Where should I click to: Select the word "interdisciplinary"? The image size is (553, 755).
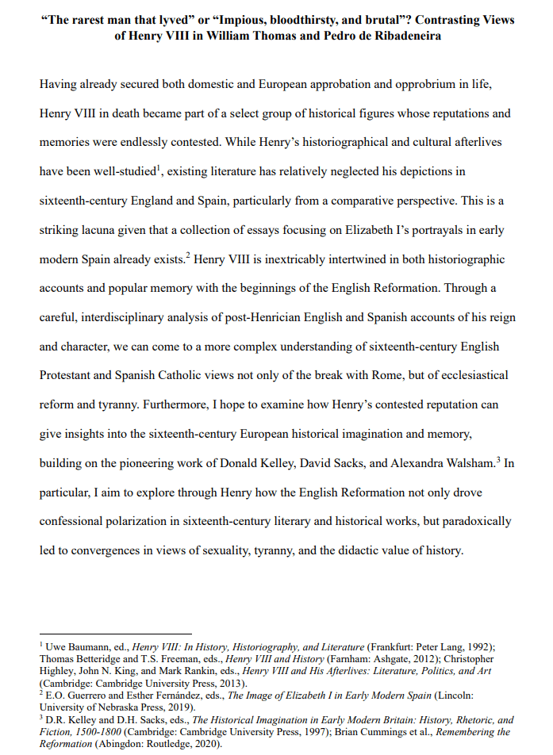132,317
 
